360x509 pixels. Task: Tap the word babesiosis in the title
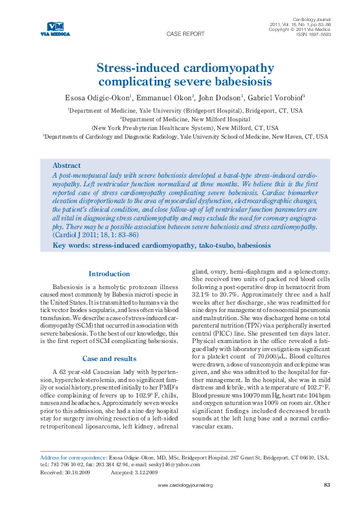[x=239, y=81]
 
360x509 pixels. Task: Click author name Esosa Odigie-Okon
[x=97, y=98]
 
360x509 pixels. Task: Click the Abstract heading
[x=66, y=166]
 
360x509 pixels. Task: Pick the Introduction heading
[x=109, y=274]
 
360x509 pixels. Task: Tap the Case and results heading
[x=109, y=358]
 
